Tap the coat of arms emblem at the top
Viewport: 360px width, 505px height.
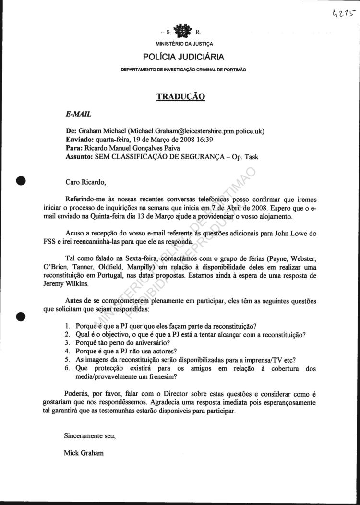coord(181,31)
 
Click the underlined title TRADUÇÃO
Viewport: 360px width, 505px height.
coord(181,97)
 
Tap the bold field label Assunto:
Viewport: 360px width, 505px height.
coord(79,157)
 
